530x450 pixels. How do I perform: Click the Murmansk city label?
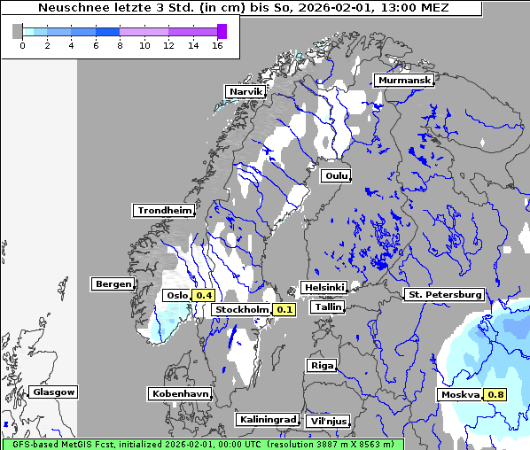coord(404,81)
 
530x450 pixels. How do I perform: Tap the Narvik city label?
coord(246,92)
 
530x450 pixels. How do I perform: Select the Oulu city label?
coord(336,175)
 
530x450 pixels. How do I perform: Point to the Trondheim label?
coord(164,211)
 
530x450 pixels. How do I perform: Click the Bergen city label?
coord(112,284)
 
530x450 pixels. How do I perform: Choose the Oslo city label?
coord(177,296)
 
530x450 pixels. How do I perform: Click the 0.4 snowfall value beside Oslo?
coord(204,296)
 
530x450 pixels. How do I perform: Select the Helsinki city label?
coord(323,288)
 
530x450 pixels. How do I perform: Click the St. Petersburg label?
coord(443,294)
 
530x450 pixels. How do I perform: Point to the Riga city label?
coord(321,365)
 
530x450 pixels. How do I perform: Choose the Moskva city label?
coord(460,395)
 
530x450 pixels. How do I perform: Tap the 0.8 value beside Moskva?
coord(495,395)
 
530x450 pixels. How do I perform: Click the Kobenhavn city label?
coord(180,393)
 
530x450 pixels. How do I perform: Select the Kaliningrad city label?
coord(267,419)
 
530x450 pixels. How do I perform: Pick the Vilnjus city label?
coord(327,422)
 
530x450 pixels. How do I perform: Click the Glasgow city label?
coord(54,392)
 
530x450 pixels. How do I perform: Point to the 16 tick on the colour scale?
coord(217,45)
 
